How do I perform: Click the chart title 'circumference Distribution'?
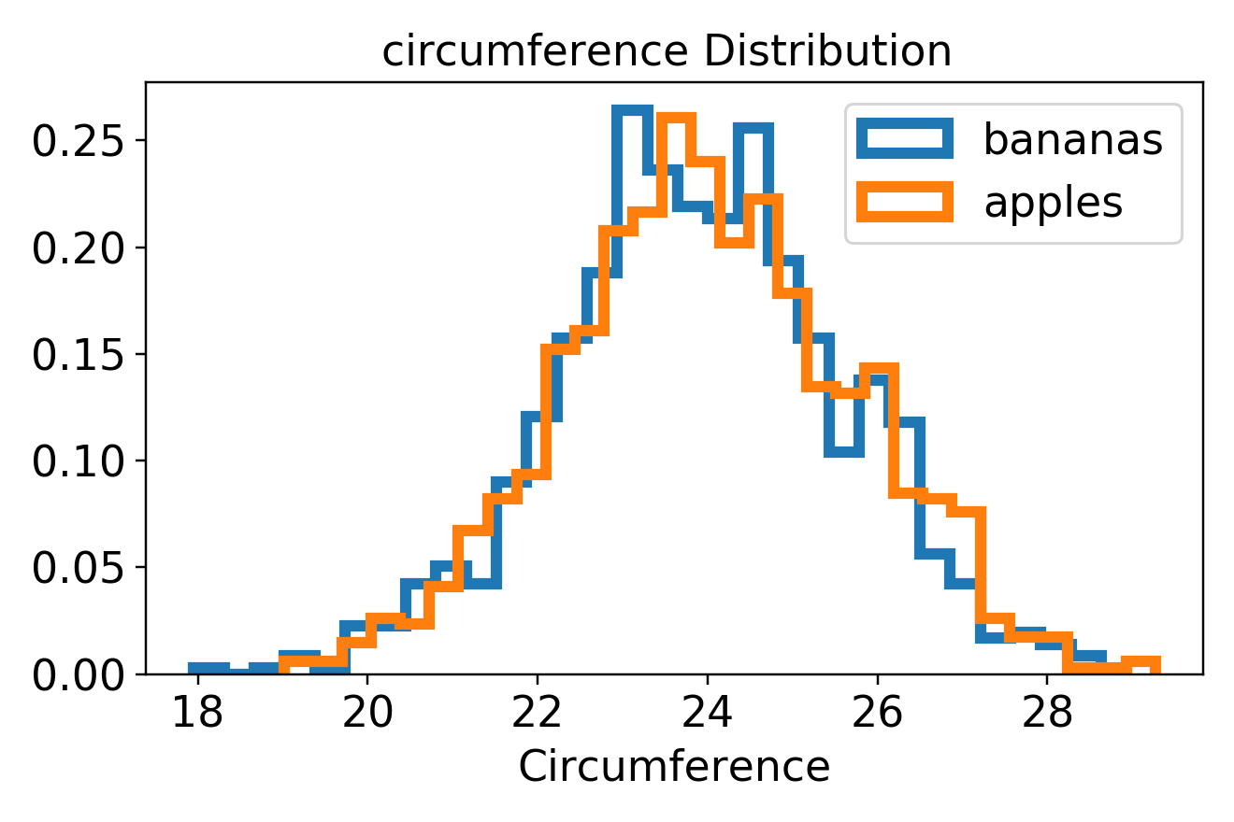coord(667,52)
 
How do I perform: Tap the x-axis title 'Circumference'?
coord(674,767)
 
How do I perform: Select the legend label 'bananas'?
coord(1072,139)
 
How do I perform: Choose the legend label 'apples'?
coord(1053,201)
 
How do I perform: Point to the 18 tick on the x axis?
coord(197,714)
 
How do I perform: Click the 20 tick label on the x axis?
coord(366,714)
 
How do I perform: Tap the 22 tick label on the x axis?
coord(538,714)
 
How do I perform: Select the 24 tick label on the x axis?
coord(708,714)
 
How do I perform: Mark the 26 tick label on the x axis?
coord(878,714)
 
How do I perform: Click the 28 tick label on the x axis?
coord(1048,714)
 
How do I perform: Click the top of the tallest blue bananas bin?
coord(632,110)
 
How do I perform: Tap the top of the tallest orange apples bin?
coord(676,119)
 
